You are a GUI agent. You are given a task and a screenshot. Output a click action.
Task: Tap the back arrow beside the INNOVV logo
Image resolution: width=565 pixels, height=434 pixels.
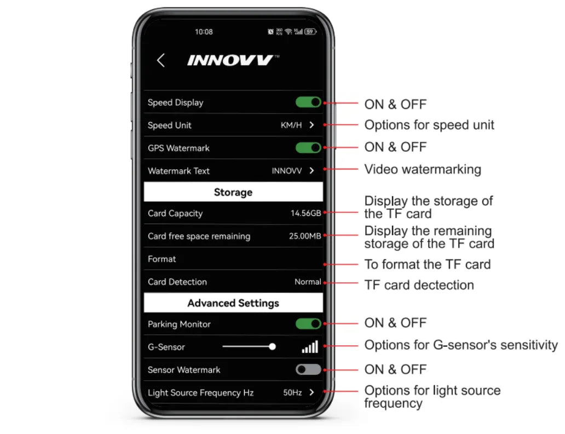coord(161,60)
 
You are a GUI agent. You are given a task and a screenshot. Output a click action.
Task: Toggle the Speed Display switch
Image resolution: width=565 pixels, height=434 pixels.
coord(308,102)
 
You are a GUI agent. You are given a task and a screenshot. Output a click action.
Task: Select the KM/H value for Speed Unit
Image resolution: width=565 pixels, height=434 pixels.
coord(291,125)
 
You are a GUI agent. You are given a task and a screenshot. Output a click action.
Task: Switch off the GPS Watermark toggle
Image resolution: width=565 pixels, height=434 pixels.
coord(308,148)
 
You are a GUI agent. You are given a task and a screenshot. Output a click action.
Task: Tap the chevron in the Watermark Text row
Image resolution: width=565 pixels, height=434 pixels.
coord(312,170)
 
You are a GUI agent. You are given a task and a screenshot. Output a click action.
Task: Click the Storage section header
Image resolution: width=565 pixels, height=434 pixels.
coord(233,192)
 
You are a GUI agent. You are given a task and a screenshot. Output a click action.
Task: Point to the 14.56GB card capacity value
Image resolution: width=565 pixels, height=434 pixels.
coord(305,213)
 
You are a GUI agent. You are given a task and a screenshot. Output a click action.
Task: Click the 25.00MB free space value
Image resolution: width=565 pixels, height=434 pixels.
coord(305,236)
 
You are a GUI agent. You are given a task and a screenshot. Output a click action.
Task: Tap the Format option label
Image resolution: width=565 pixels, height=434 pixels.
coord(162,259)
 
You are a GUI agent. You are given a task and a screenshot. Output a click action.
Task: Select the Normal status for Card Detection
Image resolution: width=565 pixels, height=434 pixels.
coord(308,282)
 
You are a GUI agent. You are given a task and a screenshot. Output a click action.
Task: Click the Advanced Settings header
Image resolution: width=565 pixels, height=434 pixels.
coord(233,303)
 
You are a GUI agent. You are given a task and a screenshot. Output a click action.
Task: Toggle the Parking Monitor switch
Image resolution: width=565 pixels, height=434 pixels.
coord(308,324)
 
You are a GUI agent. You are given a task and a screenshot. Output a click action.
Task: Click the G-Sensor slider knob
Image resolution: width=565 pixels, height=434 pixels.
coord(273,347)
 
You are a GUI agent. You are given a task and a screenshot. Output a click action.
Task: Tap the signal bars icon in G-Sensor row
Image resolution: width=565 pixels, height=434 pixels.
coord(310,347)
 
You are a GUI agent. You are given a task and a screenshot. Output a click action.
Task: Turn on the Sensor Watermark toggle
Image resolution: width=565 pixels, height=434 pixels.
coord(308,369)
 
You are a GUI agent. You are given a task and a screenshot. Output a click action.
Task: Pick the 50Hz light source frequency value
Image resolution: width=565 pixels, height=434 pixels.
coord(292,392)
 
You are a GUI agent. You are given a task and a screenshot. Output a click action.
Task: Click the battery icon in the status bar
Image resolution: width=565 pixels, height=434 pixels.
coord(310,32)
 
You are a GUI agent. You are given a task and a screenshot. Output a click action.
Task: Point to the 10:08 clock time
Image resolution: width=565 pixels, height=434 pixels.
coord(204,32)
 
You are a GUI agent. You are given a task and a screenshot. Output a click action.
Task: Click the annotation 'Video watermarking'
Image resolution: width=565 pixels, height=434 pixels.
coord(423,169)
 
